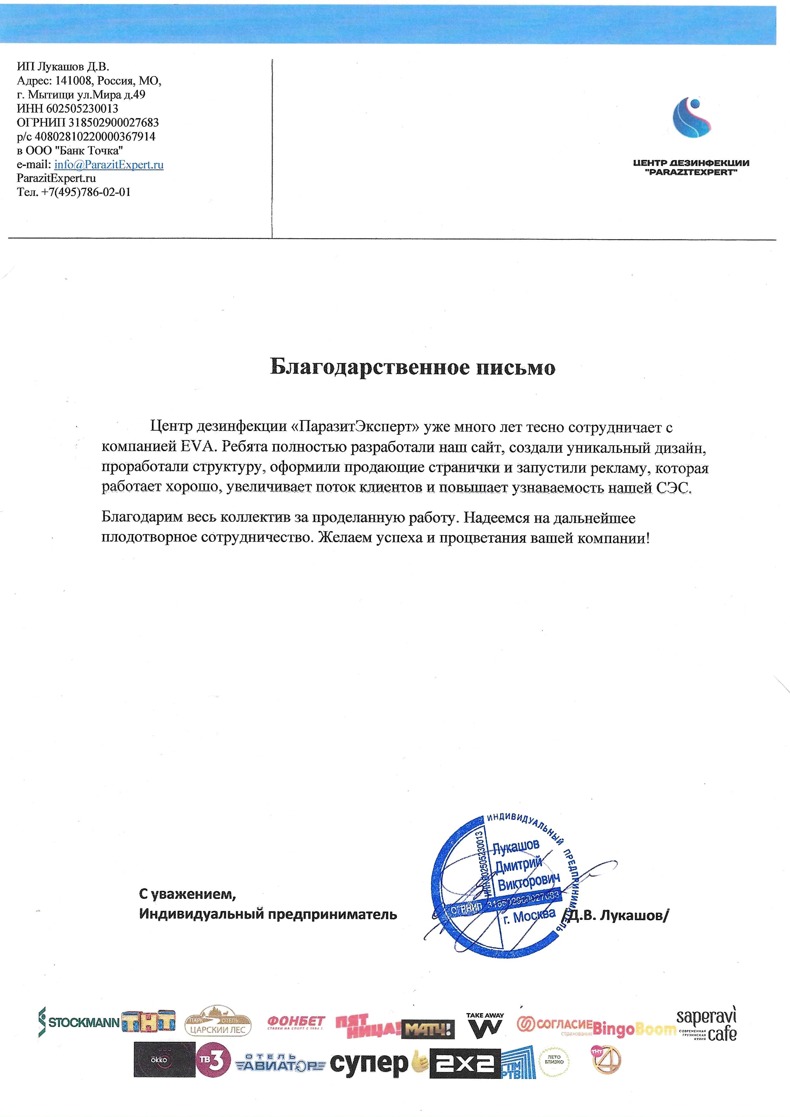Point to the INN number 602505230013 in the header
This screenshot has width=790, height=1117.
82,108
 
